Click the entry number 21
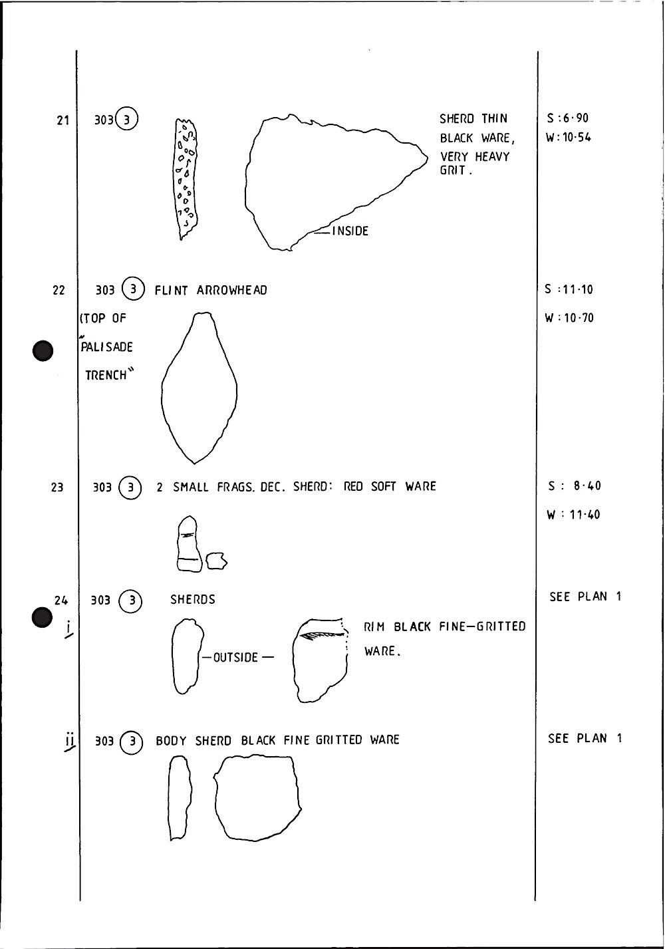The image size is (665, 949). pyautogui.click(x=63, y=120)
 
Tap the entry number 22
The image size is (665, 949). pyautogui.click(x=59, y=290)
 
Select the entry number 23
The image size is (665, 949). pyautogui.click(x=57, y=487)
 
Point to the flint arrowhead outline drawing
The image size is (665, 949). pyautogui.click(x=199, y=389)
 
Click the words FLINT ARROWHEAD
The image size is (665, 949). pyautogui.click(x=211, y=290)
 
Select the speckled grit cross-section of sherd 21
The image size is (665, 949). pyautogui.click(x=186, y=178)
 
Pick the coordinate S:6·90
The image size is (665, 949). pyautogui.click(x=568, y=118)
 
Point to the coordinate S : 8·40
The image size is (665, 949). pyautogui.click(x=574, y=486)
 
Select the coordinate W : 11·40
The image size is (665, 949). pyautogui.click(x=573, y=515)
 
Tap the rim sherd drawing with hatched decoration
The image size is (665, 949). pyautogui.click(x=321, y=660)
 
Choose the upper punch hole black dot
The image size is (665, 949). pyautogui.click(x=43, y=350)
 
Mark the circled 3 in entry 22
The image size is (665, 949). pyautogui.click(x=134, y=290)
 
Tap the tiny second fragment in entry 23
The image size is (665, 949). pyautogui.click(x=216, y=562)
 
